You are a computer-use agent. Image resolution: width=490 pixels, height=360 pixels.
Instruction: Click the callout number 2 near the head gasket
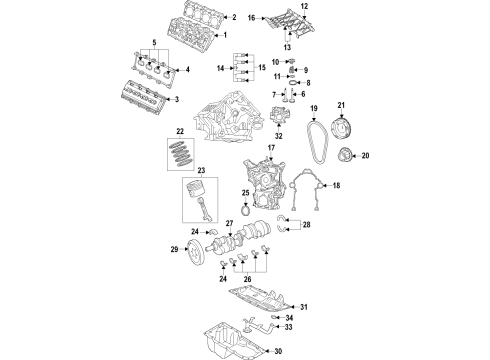(233, 18)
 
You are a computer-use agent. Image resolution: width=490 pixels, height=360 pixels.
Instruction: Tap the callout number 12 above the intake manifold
(305, 7)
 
